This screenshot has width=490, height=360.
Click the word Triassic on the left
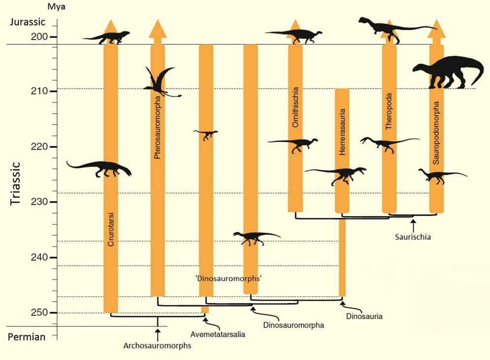16,183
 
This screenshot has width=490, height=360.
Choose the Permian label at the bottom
27,337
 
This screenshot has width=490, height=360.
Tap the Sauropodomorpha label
436,133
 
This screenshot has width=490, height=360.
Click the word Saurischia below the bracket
413,237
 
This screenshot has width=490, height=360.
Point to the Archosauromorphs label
157,346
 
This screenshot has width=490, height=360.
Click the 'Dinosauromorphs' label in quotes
228,278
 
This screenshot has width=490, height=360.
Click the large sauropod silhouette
448,72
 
